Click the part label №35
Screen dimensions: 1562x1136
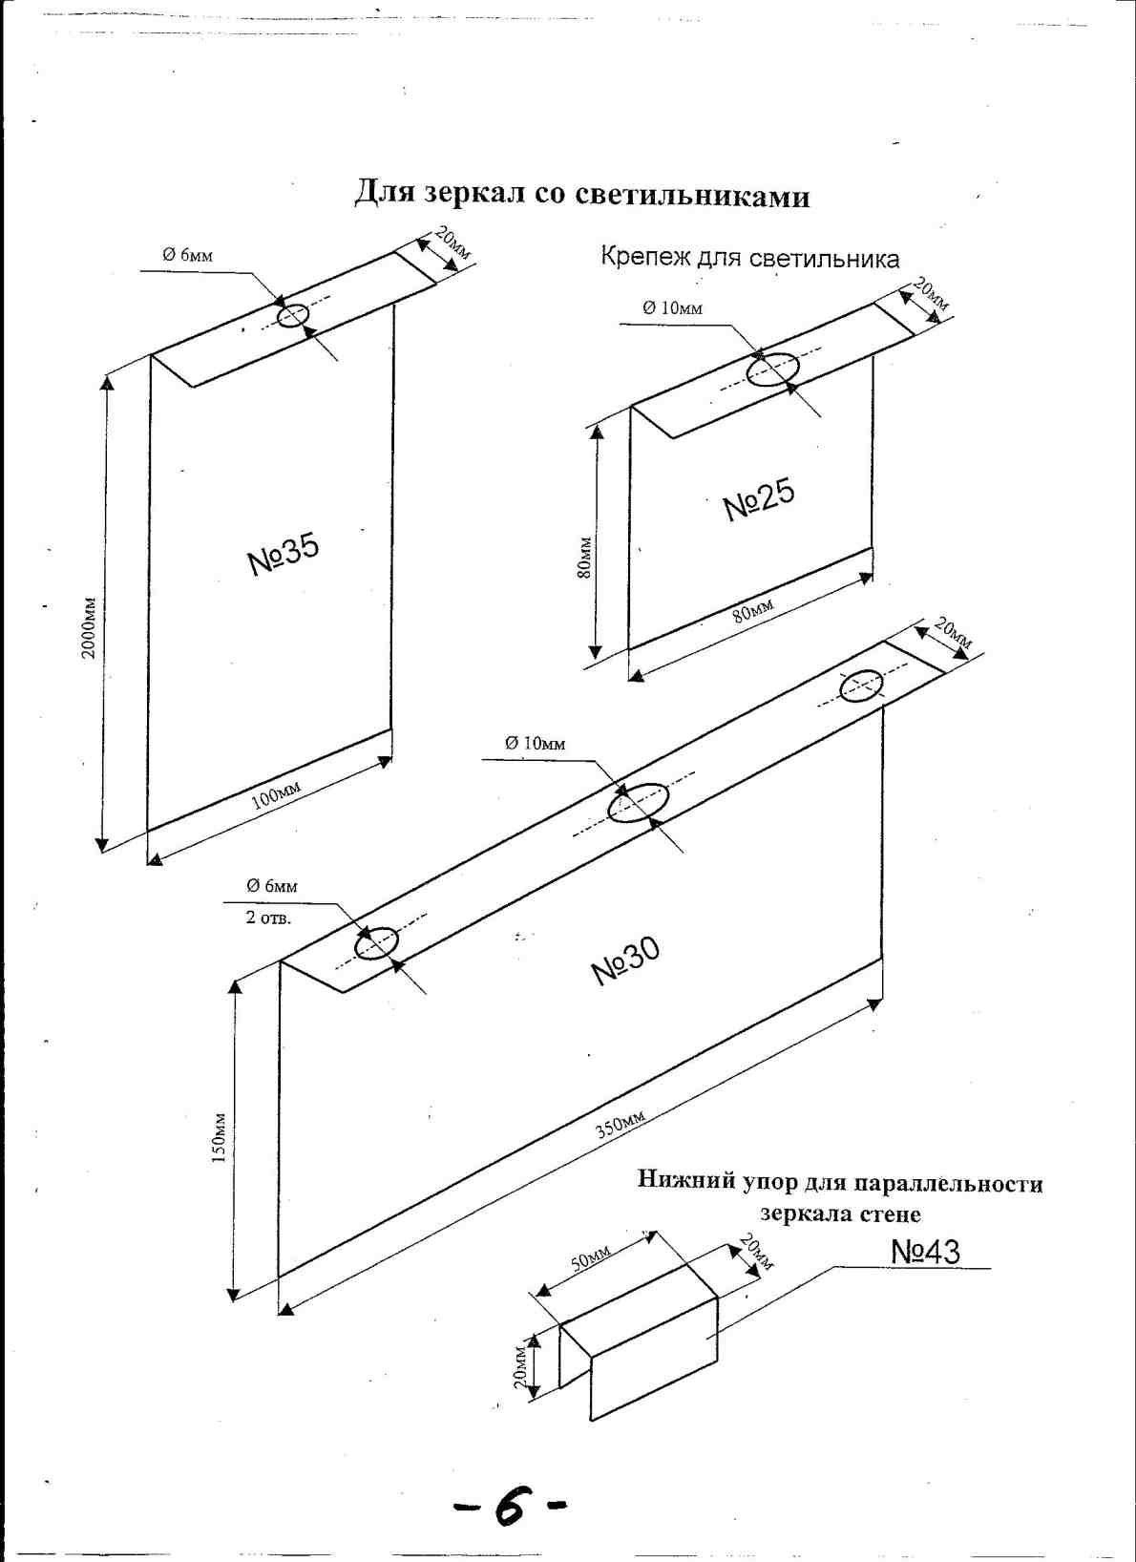point(284,554)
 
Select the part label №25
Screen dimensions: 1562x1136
point(759,499)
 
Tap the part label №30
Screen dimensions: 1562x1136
point(625,960)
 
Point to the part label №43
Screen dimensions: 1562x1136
point(925,1252)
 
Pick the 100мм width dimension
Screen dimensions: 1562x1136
point(276,794)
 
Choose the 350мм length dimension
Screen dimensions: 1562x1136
point(621,1125)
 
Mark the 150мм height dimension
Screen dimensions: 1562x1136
point(219,1136)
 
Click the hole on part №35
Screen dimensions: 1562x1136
point(293,315)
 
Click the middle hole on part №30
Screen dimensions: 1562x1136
point(640,803)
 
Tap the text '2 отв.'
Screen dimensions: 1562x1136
point(268,918)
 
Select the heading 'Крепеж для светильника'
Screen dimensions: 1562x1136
point(749,259)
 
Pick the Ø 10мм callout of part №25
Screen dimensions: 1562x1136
point(672,307)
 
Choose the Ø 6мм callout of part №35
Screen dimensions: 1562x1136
point(187,255)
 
